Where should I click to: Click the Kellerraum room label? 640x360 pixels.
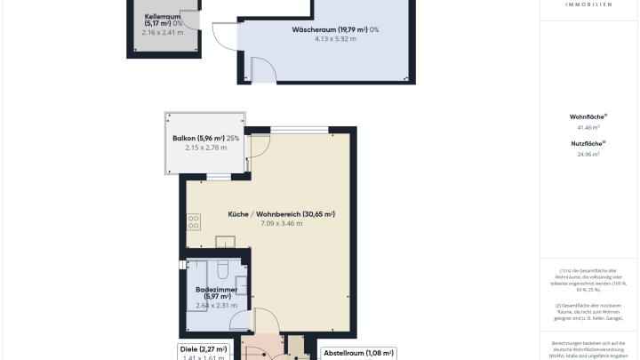click(164, 19)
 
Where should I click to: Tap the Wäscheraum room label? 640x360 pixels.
click(324, 30)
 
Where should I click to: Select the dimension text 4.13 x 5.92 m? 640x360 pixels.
click(324, 40)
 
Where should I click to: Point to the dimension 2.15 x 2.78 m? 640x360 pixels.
click(206, 148)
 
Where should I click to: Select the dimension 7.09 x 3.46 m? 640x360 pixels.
click(282, 224)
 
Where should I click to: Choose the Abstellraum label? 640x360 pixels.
click(357, 353)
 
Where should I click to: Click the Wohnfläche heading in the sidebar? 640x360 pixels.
click(588, 116)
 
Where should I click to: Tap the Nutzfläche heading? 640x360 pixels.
click(588, 142)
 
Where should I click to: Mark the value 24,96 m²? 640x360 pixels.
click(588, 155)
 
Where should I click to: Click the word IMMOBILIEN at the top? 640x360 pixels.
click(588, 4)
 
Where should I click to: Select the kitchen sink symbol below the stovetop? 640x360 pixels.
click(226, 241)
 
